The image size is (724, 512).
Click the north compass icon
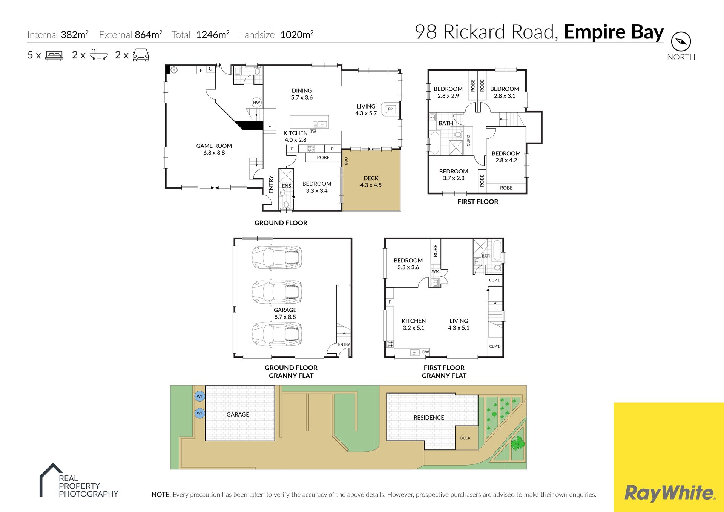click(x=681, y=41)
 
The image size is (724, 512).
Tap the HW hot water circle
click(x=256, y=103)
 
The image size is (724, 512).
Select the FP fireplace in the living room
click(x=390, y=109)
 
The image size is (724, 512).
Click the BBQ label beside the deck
click(x=346, y=161)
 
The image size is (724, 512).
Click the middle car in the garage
click(x=277, y=291)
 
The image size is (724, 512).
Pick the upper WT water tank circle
click(x=199, y=396)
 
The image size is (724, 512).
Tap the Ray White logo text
click(x=670, y=493)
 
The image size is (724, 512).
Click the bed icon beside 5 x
click(x=54, y=55)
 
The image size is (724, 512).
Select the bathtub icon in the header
click(x=99, y=55)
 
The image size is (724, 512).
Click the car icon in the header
click(x=141, y=55)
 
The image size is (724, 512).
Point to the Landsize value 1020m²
click(x=297, y=35)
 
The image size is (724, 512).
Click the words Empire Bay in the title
click(x=614, y=32)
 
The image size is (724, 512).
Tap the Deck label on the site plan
click(x=465, y=438)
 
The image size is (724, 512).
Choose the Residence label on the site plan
click(x=429, y=418)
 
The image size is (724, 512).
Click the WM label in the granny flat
click(x=436, y=271)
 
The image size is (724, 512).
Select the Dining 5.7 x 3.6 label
click(x=302, y=94)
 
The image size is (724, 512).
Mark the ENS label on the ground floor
click(x=287, y=186)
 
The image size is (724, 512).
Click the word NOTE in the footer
click(x=161, y=495)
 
